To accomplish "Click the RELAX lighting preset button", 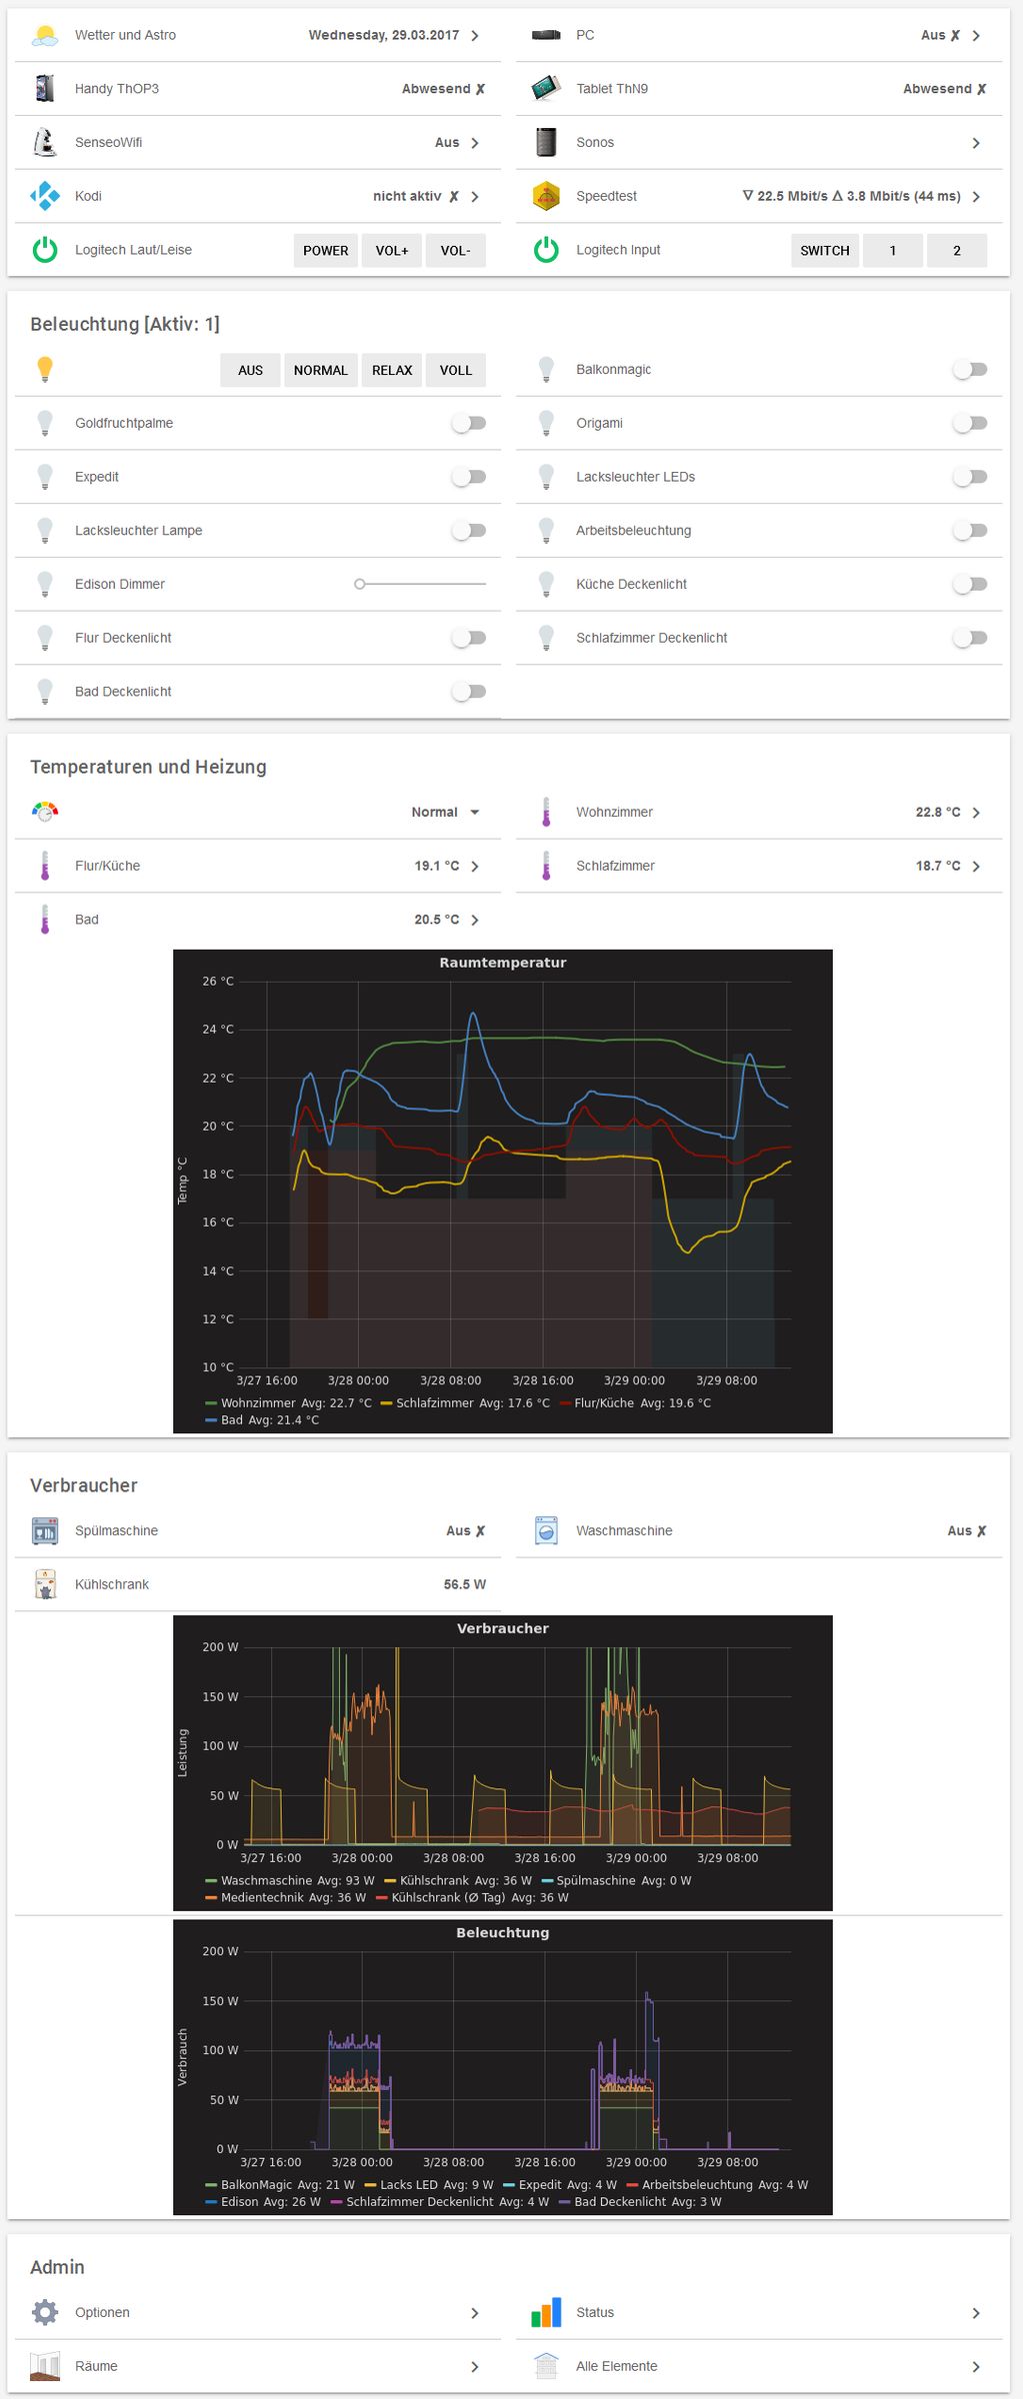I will point(392,370).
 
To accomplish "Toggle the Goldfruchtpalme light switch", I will point(468,424).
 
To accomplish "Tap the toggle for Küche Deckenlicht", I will point(969,584).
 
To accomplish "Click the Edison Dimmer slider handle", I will point(360,584).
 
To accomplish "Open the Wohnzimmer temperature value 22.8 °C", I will point(937,813).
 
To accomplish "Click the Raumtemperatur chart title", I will point(503,963).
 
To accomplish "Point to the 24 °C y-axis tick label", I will point(217,1030).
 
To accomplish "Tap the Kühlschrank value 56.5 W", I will point(465,1584).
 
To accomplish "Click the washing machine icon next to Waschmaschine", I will point(546,1530).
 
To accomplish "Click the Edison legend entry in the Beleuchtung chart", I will point(263,2202).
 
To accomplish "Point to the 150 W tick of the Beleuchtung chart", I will point(220,2000).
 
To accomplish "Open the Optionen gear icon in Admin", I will point(45,2312).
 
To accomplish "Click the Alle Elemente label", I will point(616,2366).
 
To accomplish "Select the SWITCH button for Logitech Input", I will point(824,251).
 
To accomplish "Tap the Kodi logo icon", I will point(45,196).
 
